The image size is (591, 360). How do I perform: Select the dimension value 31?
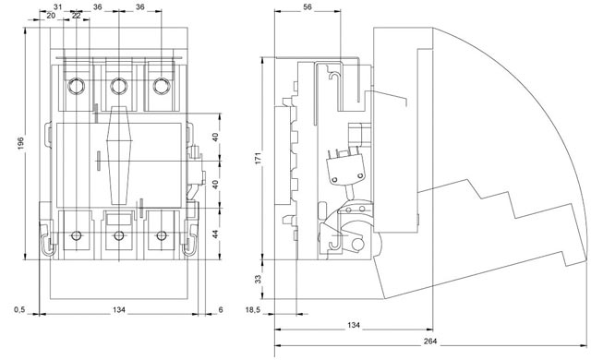click(x=58, y=7)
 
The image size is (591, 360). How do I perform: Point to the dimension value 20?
click(x=50, y=16)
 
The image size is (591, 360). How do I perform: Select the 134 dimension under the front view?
click(x=117, y=309)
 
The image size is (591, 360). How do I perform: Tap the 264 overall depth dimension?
click(x=430, y=342)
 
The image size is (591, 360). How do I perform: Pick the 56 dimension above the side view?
click(x=308, y=7)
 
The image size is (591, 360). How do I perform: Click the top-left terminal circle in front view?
click(x=75, y=87)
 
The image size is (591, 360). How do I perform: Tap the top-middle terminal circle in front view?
click(x=118, y=87)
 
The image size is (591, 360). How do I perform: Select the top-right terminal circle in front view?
click(x=162, y=87)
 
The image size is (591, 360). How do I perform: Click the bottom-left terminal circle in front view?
click(x=75, y=236)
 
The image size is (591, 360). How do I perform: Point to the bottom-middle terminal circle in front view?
click(x=118, y=236)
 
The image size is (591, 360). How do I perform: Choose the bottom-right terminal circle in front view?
click(x=162, y=236)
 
